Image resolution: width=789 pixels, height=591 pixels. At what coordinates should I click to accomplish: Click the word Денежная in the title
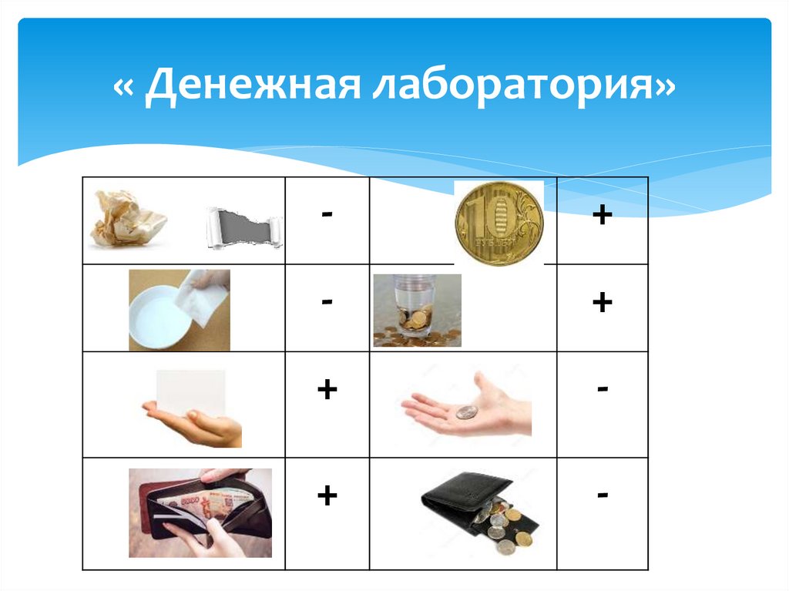pos(252,86)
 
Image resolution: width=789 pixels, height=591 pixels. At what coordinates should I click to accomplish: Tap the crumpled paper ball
pos(128,220)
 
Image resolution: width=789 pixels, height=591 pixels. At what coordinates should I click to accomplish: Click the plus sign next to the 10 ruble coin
pos(602,215)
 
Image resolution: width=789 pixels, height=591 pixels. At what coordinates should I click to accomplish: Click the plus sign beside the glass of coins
pos(602,302)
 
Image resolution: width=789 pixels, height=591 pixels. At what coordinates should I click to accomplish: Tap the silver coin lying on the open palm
pos(466,412)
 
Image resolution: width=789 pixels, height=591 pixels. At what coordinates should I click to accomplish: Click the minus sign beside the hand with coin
pos(602,390)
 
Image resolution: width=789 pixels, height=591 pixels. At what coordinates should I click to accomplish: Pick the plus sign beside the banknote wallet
pos(327,495)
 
